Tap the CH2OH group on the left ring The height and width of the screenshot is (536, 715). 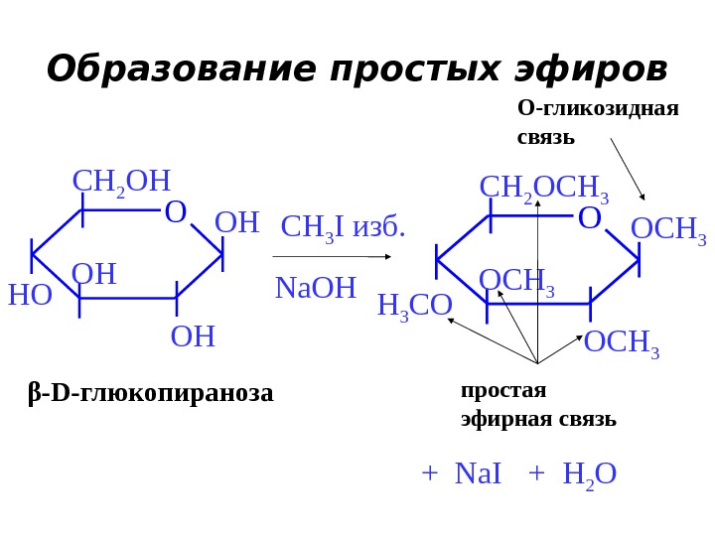[121, 182]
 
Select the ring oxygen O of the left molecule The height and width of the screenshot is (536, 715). [176, 212]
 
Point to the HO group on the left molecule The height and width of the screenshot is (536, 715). [30, 295]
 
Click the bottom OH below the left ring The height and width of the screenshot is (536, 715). [193, 336]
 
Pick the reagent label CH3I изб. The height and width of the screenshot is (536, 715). [344, 227]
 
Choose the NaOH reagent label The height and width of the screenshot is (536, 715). [315, 288]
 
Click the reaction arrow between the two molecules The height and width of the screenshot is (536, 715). [332, 257]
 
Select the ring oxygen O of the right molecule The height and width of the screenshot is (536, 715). [589, 218]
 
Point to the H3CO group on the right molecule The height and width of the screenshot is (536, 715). [414, 306]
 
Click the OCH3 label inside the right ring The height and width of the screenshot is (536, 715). [516, 282]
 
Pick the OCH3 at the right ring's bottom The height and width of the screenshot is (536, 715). [622, 343]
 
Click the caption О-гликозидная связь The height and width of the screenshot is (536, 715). [598, 121]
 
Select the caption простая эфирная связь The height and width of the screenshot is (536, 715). [538, 404]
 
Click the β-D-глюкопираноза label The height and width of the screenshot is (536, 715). [150, 393]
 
